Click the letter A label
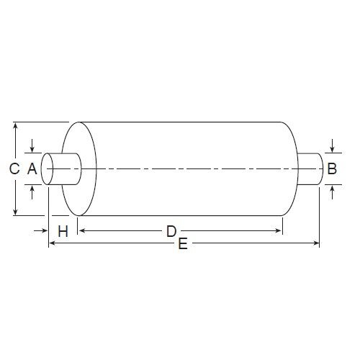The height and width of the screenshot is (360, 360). [31, 169]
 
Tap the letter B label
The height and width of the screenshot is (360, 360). [331, 169]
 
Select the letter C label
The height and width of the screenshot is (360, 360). [14, 169]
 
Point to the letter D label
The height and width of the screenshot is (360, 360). [171, 231]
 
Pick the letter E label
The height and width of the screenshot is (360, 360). [183, 246]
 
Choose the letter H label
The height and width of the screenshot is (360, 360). [63, 231]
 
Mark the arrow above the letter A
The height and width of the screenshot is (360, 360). [32, 149]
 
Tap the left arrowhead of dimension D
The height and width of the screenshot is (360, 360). [81, 230]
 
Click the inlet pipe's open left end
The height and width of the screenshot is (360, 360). [48, 169]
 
